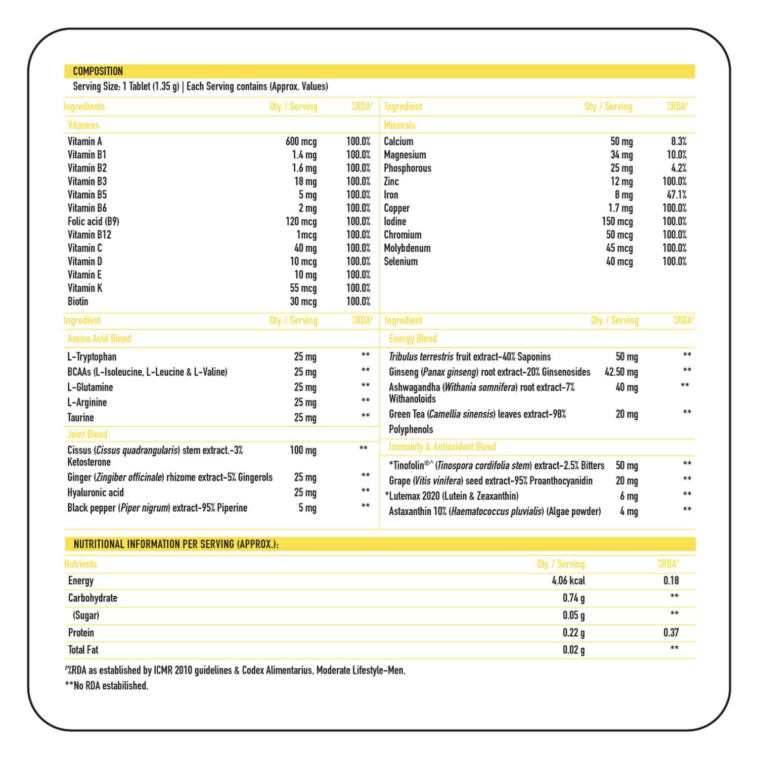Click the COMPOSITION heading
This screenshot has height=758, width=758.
coord(98,71)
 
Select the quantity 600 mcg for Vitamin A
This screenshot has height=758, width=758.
coord(301,142)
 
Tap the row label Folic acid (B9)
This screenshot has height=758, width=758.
coord(93,221)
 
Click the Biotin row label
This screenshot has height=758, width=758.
coord(78,301)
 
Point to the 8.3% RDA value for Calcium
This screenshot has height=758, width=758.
coord(679,142)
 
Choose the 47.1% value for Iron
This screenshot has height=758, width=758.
coord(677,195)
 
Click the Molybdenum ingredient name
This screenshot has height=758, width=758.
coord(407,248)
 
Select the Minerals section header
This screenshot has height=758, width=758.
coord(399,125)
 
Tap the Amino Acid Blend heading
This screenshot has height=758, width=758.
coord(99,339)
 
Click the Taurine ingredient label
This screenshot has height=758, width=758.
coord(80,418)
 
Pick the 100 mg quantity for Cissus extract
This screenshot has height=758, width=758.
coord(303,451)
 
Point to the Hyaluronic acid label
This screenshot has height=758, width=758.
coord(96,493)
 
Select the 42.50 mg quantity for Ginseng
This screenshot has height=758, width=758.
coord(621,372)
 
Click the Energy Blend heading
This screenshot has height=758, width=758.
coord(413,339)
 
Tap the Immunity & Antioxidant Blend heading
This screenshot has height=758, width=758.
coord(442,447)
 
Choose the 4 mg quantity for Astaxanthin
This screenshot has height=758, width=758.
coord(629,512)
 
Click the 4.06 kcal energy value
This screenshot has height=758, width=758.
coord(568,581)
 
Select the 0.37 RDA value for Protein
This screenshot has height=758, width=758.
coord(671,633)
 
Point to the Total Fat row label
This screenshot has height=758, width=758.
coord(83,650)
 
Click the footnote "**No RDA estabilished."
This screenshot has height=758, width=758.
coord(106,686)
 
